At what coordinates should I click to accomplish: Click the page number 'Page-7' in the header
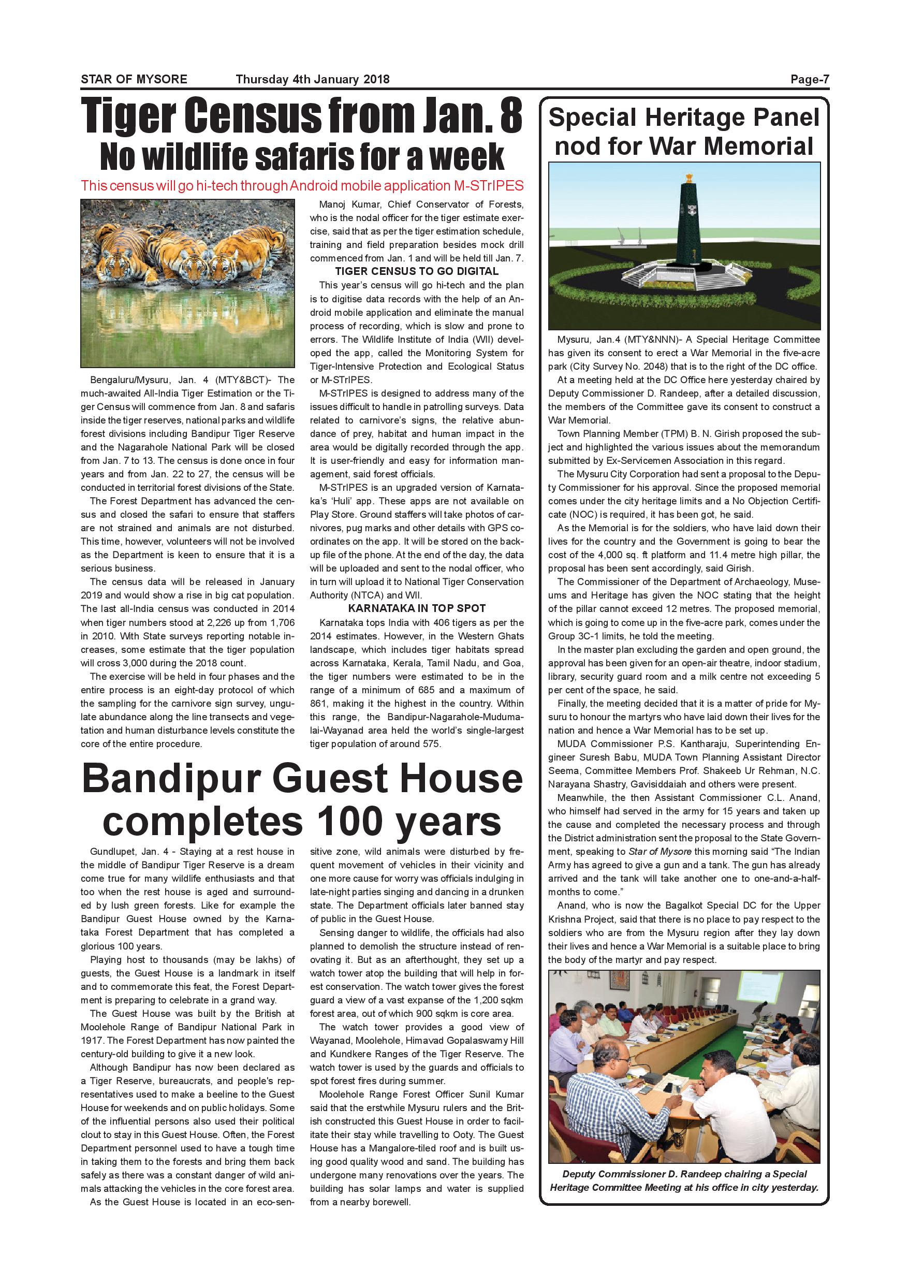tap(809, 79)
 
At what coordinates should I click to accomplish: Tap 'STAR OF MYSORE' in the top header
tap(134, 79)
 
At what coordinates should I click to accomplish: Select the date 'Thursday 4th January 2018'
tap(313, 79)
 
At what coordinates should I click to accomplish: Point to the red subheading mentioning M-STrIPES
tap(302, 186)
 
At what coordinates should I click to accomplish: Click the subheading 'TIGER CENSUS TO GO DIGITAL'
tap(417, 271)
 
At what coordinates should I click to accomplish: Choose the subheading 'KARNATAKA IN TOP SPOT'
tap(417, 608)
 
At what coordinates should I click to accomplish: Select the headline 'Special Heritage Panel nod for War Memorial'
tap(684, 132)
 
